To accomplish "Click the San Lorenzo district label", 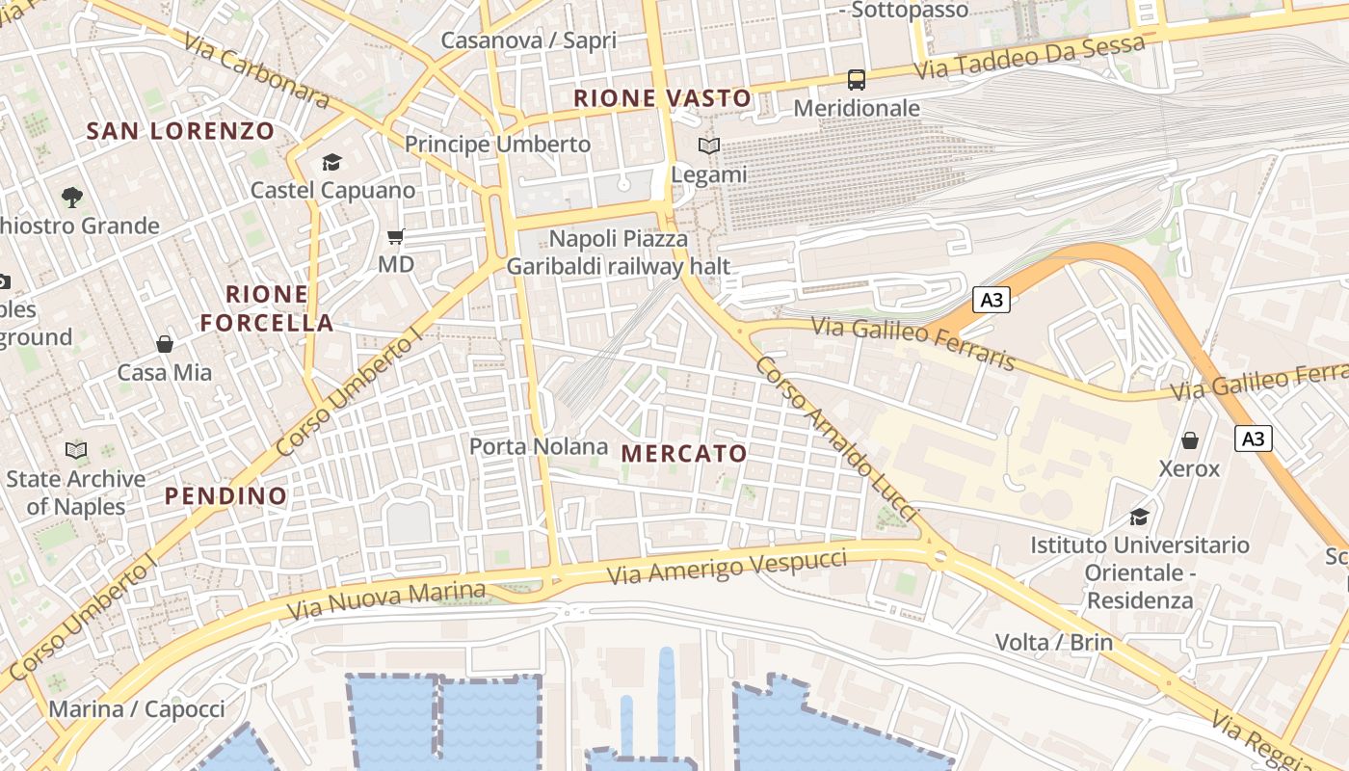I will tap(181, 131).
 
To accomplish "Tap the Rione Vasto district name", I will tap(662, 98).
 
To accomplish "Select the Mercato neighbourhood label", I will tap(684, 453).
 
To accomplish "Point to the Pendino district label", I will tap(225, 496).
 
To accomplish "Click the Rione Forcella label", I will tap(267, 308).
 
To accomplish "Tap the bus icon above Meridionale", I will tap(856, 79).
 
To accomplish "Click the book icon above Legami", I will tap(709, 146).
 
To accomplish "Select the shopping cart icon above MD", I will tap(396, 236).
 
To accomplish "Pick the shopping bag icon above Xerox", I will tap(1190, 440).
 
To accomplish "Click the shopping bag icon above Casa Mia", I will tap(165, 344).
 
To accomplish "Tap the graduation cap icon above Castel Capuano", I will tap(332, 162).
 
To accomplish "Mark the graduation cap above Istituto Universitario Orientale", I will tap(1139, 517).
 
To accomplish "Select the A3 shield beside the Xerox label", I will tap(1253, 439).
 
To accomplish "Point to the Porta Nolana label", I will tap(539, 446).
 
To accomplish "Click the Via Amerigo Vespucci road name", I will tap(728, 567).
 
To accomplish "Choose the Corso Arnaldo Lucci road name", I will tap(834, 439).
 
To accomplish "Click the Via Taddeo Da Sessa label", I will tap(1029, 57).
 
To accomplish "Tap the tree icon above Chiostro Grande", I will tap(71, 198).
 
